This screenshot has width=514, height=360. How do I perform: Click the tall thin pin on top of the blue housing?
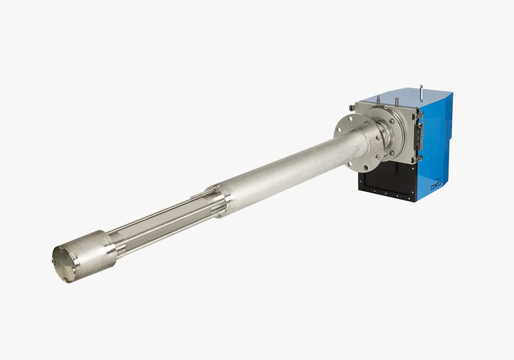click(x=421, y=92)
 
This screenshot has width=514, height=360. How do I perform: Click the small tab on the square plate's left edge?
click(x=351, y=106)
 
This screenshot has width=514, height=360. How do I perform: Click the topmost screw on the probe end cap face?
click(x=61, y=248)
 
